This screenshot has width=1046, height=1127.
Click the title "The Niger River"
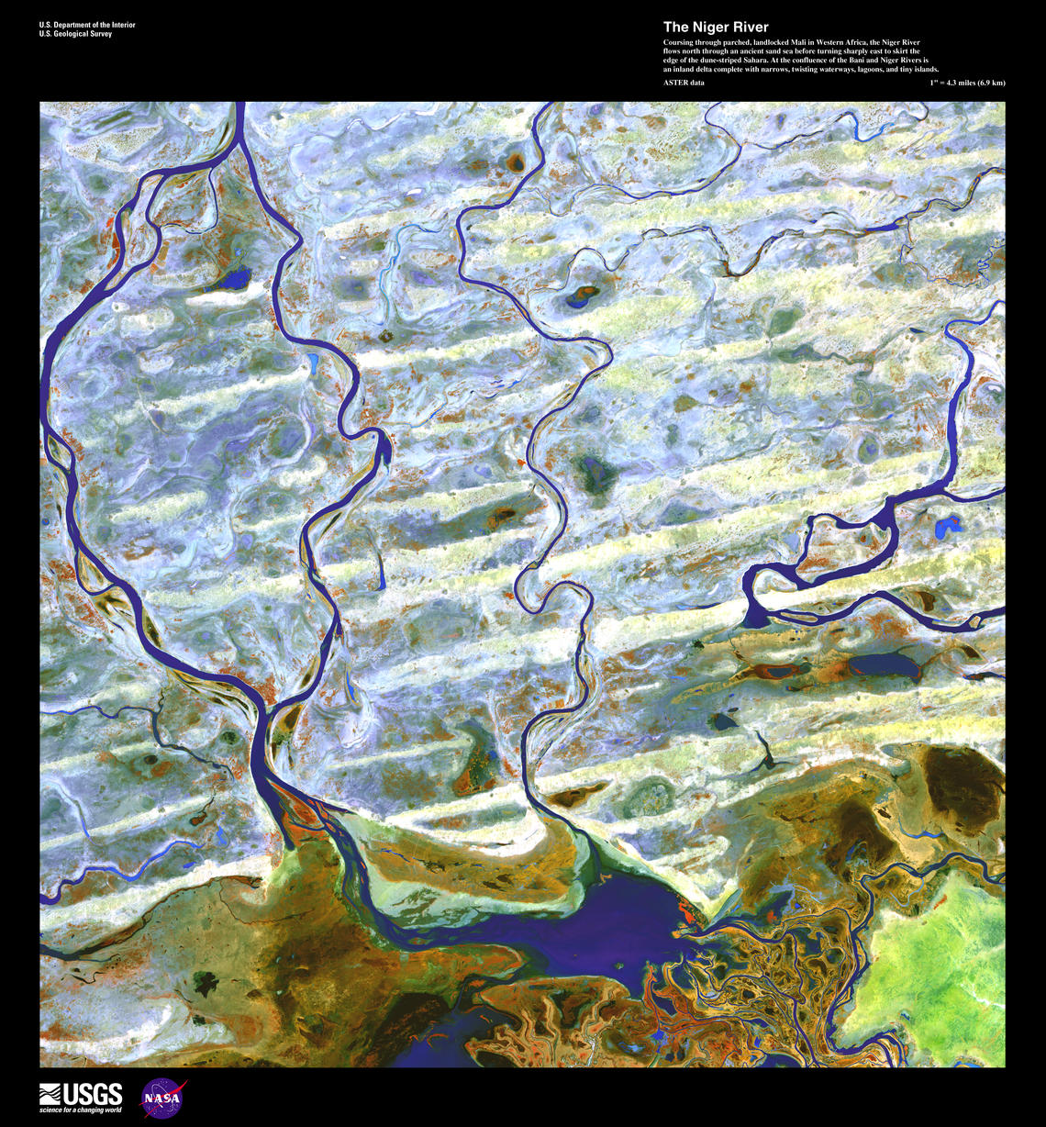pyautogui.click(x=716, y=28)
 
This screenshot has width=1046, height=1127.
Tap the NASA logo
pyautogui.click(x=163, y=1097)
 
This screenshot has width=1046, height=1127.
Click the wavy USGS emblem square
pyautogui.click(x=50, y=1094)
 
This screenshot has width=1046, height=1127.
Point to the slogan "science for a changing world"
pyautogui.click(x=80, y=1110)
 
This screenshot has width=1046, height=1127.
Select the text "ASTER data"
pyautogui.click(x=684, y=83)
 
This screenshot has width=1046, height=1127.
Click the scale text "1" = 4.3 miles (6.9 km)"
pyautogui.click(x=966, y=83)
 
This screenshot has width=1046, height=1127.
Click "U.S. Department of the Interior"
pyautogui.click(x=87, y=25)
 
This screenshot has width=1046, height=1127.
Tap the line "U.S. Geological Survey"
pyautogui.click(x=75, y=34)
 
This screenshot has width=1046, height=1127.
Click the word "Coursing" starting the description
pyautogui.click(x=680, y=43)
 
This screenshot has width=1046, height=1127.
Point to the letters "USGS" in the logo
pyautogui.click(x=93, y=1093)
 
